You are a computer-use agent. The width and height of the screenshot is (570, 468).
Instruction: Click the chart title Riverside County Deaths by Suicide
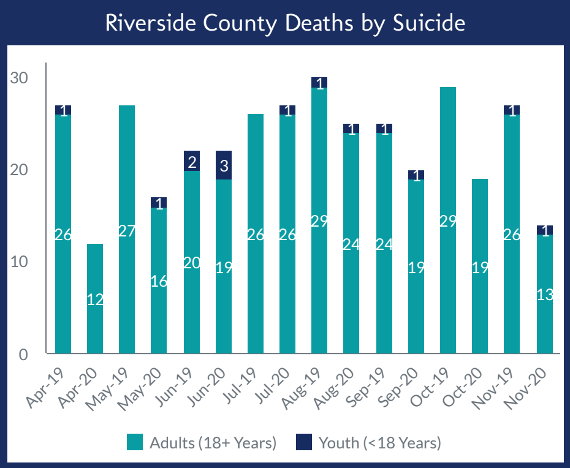pos(285,23)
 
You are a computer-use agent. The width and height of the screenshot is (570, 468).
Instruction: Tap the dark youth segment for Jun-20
pos(224,165)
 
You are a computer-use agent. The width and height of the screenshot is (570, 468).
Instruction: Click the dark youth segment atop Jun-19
pos(191,161)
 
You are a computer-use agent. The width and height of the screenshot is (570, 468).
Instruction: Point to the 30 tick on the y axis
pos(19,78)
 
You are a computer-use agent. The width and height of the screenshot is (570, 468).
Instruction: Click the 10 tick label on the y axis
pos(19,262)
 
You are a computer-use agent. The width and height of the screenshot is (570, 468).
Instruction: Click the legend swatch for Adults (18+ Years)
pos(135,442)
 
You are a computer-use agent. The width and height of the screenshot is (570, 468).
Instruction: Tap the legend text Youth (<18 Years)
pos(379,442)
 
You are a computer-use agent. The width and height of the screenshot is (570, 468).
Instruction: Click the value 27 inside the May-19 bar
pos(127,232)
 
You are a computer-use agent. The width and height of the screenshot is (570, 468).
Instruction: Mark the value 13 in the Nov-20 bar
pos(544,295)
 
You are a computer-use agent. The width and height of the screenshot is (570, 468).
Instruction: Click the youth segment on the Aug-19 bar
pos(319,83)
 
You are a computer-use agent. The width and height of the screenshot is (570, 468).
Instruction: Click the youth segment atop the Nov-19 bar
pos(512,110)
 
